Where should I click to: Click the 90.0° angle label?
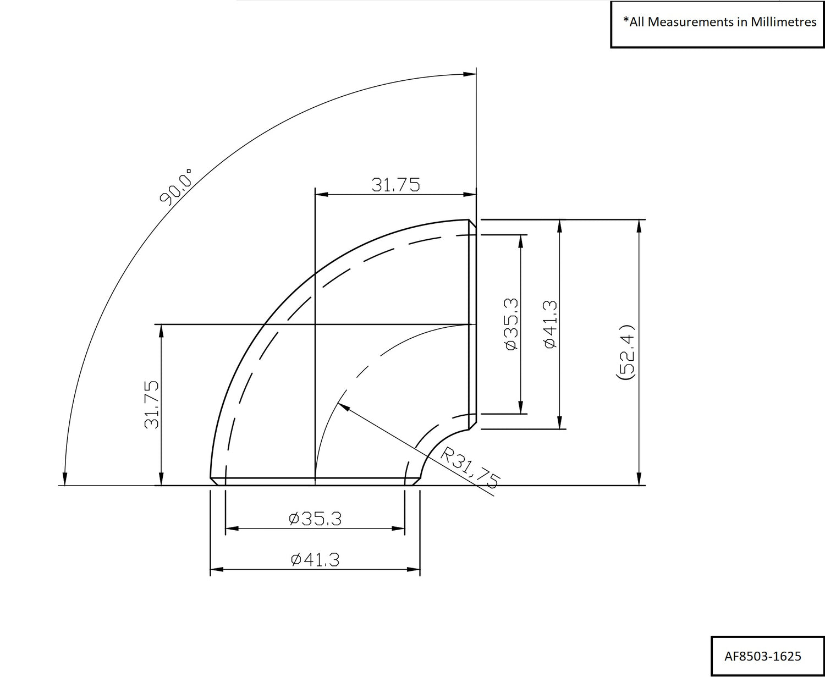(175, 188)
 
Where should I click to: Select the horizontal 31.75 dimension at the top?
(395, 185)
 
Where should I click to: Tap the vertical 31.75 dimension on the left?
(152, 404)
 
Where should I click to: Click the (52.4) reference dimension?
(625, 352)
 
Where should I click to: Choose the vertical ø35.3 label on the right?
(512, 324)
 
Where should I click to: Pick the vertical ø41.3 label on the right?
(550, 324)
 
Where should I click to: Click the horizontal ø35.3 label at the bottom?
(315, 519)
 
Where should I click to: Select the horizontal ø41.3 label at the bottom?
(315, 560)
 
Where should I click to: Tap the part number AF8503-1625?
(762, 656)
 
